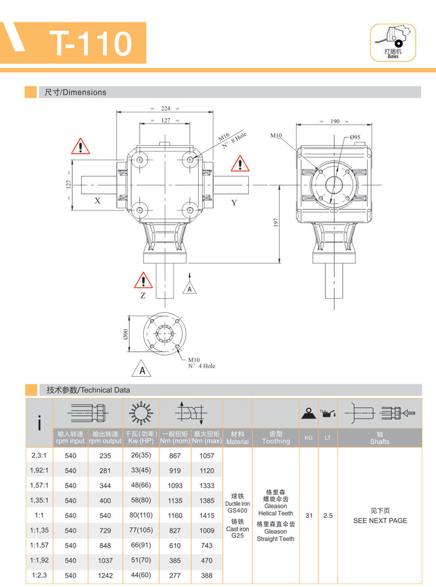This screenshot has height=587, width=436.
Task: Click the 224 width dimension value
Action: [x=165, y=108]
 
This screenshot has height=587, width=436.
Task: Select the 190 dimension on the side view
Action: [x=334, y=121]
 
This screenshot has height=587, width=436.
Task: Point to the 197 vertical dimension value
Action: [x=277, y=223]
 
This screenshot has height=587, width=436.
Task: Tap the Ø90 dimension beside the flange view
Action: [x=125, y=334]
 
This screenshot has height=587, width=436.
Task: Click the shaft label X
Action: [x=98, y=201]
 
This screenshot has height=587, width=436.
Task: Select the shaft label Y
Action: [x=234, y=202]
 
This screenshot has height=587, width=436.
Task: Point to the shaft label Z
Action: [x=143, y=295]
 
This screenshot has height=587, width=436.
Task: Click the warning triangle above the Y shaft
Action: [x=240, y=164]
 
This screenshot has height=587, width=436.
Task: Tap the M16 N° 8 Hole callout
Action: [x=232, y=138]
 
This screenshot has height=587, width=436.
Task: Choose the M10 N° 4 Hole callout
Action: [x=201, y=363]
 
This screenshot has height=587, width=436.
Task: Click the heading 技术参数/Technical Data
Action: [x=88, y=390]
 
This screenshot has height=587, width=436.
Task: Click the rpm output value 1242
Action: [x=105, y=575]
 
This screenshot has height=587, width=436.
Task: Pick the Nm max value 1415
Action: [x=206, y=515]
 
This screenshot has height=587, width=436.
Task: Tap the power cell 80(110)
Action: [x=141, y=515]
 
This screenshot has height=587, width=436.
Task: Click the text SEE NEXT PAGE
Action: [x=380, y=521]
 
